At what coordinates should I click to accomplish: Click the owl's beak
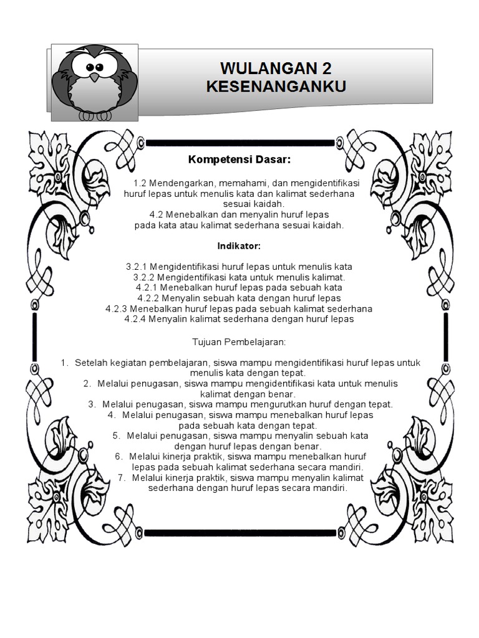94,78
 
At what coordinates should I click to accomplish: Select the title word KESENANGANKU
276,86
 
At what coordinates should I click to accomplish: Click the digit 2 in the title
327,68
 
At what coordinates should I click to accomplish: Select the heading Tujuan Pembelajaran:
239,342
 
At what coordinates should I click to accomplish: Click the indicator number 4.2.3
117,308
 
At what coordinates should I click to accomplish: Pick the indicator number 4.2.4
135,319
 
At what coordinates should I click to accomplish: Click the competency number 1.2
138,183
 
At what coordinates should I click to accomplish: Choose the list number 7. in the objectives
122,478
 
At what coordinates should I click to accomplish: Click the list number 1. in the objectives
64,362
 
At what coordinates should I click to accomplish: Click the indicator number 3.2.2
143,277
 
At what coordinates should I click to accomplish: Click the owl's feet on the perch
93,115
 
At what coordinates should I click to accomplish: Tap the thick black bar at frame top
239,142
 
